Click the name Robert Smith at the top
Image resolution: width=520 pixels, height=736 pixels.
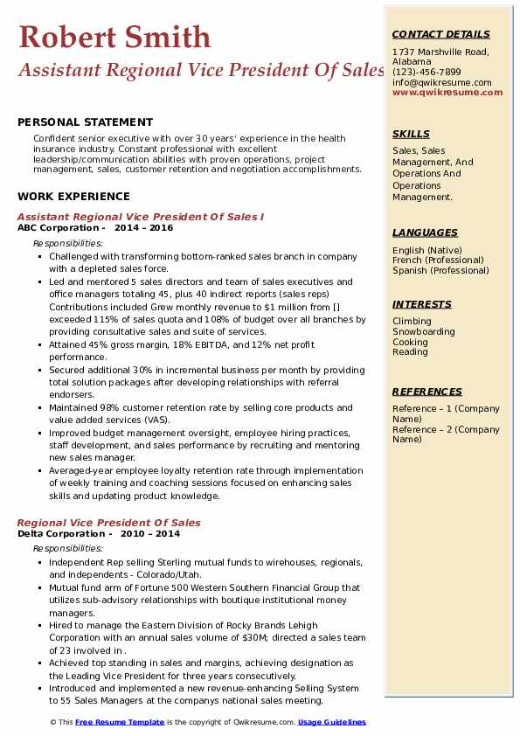114,37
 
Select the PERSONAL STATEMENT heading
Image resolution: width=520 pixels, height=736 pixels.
85,122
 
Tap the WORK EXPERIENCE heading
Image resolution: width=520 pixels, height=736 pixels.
73,197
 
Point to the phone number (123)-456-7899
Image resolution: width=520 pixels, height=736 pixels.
426,73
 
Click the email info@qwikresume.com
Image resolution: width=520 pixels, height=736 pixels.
441,83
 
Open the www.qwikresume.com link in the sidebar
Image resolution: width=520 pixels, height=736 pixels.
441,93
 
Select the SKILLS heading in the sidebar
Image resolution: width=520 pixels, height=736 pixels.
411,135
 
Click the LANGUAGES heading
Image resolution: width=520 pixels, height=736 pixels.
425,233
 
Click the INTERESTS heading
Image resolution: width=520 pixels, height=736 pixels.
422,305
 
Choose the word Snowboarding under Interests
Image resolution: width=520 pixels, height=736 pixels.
424,332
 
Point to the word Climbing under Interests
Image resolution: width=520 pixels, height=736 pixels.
412,322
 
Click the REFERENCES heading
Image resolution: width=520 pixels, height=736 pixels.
426,392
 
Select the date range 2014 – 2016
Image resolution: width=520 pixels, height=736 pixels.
145,228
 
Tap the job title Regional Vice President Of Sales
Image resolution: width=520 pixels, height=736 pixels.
109,523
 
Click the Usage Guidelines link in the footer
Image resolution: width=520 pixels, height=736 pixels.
332,722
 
